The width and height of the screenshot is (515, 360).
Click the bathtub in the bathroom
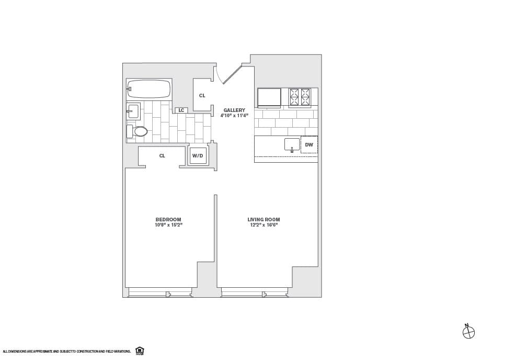[149, 89]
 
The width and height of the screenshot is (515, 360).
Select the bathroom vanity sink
[133, 111]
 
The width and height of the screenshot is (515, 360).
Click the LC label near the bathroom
[181, 110]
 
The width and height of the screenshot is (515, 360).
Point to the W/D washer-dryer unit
[198, 156]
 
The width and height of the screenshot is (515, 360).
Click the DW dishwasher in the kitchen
[309, 145]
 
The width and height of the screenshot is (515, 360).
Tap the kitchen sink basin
[292, 144]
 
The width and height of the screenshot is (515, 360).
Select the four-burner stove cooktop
[300, 97]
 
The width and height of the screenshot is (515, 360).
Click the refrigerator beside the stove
[269, 97]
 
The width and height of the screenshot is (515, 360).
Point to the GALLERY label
[234, 110]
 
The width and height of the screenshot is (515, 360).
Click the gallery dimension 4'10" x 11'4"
[234, 116]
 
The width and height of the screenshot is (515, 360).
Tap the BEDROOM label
[168, 219]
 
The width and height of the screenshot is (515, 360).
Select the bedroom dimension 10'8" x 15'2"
[168, 225]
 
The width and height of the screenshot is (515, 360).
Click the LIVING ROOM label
[264, 219]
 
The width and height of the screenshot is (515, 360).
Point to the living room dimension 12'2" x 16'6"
[264, 225]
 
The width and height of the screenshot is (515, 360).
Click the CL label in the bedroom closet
[162, 156]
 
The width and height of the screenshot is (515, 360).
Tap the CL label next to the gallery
[202, 96]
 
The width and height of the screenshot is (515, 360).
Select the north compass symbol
[468, 332]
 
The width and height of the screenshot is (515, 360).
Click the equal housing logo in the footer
[140, 351]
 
